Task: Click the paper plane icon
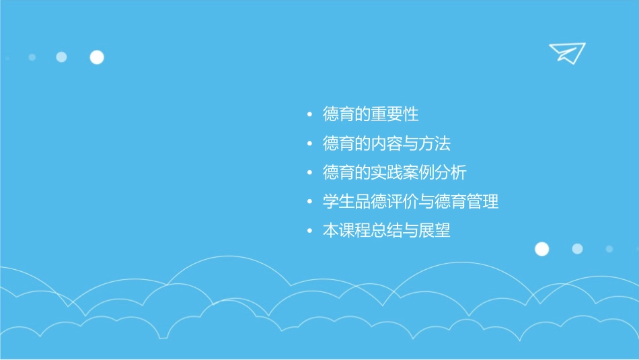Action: (x=566, y=52)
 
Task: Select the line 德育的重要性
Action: (x=371, y=114)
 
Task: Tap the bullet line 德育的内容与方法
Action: (x=387, y=144)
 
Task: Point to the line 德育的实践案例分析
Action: (x=395, y=173)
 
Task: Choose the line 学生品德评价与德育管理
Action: (x=411, y=202)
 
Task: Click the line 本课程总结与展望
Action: (x=387, y=231)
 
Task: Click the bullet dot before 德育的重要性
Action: (x=309, y=115)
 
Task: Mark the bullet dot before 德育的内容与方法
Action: (x=309, y=145)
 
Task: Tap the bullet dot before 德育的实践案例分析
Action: (x=309, y=174)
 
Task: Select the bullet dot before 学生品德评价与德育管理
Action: (x=309, y=203)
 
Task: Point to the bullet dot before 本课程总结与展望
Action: (x=309, y=231)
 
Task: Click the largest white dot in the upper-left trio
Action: (x=97, y=57)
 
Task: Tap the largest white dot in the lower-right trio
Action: (x=541, y=249)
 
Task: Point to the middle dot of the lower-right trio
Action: (x=577, y=248)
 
